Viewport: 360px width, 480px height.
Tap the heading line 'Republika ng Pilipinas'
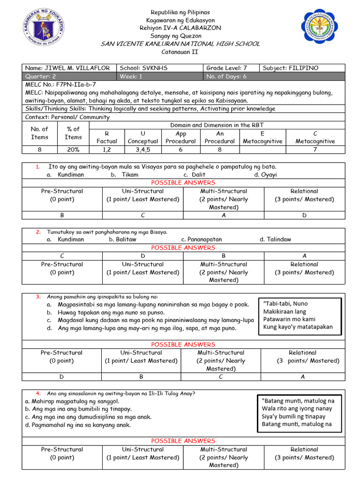tap(180, 12)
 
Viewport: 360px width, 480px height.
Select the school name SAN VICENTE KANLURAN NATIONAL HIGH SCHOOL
tap(180, 44)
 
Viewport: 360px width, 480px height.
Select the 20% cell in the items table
tap(73, 150)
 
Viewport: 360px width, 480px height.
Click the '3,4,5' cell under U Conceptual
tap(143, 150)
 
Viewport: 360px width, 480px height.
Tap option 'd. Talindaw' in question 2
tap(275, 239)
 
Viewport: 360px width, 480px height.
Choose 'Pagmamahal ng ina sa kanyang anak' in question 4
tap(78, 425)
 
